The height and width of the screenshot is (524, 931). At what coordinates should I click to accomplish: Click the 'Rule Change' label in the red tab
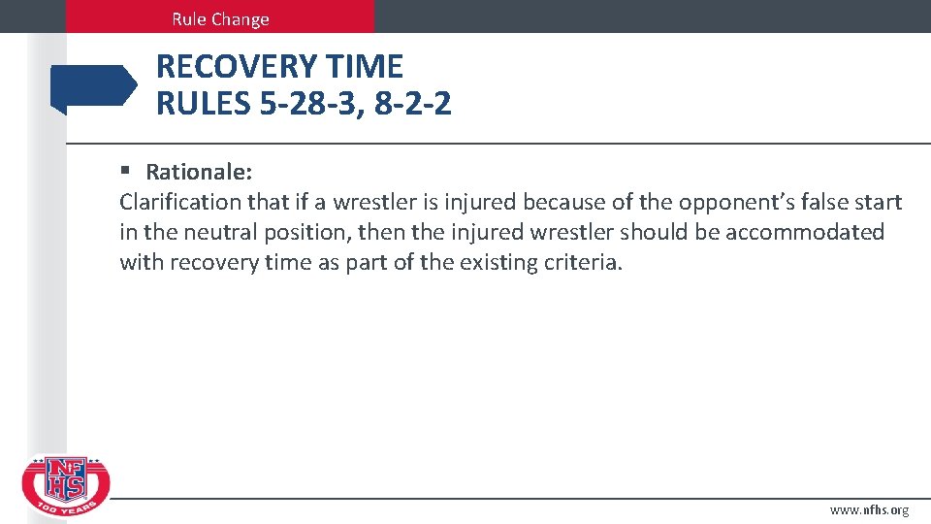pos(220,18)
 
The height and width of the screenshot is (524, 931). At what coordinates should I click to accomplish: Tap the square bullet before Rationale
pos(125,172)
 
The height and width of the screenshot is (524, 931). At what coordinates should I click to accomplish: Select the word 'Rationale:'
pos(199,173)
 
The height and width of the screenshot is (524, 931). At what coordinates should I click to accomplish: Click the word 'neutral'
pos(214,233)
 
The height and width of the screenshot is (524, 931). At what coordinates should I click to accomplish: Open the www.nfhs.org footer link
pos(869,510)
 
